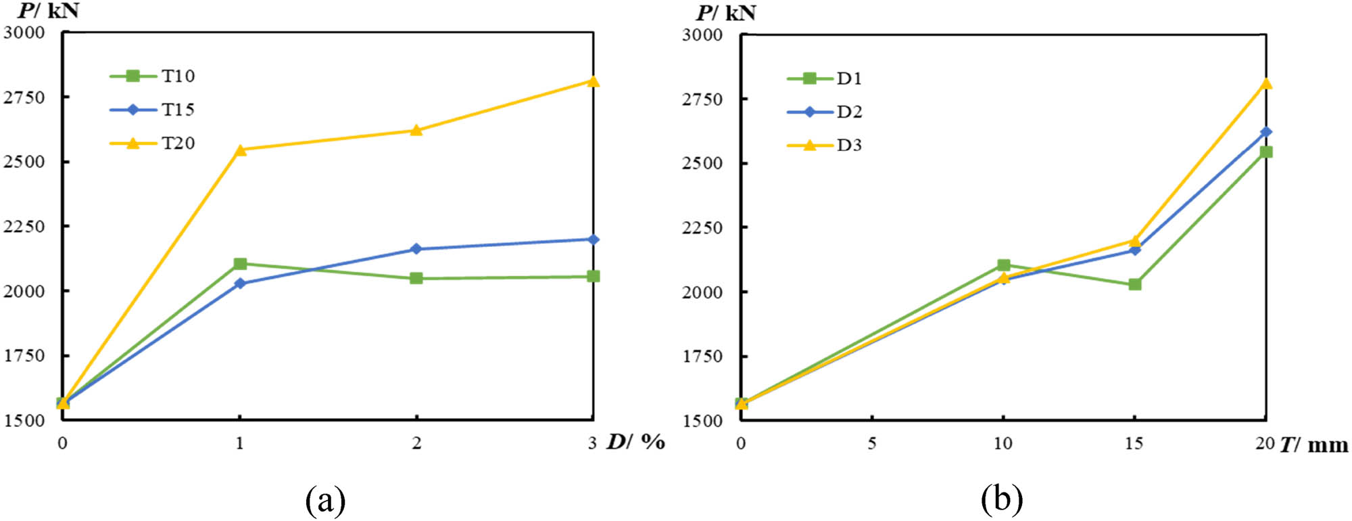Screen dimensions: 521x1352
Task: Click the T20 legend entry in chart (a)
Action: click(153, 143)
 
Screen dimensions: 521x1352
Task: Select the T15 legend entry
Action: click(153, 110)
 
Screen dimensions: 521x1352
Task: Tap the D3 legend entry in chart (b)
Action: click(825, 145)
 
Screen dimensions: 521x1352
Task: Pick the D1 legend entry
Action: click(825, 78)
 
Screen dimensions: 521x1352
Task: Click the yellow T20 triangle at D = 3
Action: click(593, 82)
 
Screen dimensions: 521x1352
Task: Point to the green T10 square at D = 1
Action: click(239, 264)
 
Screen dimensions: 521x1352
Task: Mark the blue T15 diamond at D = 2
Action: click(416, 249)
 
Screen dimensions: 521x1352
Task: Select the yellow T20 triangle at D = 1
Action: click(239, 150)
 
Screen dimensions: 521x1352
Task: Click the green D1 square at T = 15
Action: click(1134, 284)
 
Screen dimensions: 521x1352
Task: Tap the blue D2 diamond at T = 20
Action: click(1265, 132)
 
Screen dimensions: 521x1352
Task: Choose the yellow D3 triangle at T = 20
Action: click(1265, 84)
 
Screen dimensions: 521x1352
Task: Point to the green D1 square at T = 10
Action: click(1003, 265)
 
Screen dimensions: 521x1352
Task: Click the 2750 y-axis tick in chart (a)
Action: click(24, 97)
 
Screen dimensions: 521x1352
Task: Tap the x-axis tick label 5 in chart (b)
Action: click(872, 443)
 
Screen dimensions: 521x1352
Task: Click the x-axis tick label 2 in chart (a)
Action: click(416, 443)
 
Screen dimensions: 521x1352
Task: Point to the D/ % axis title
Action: click(635, 443)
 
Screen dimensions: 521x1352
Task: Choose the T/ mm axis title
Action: click(1313, 445)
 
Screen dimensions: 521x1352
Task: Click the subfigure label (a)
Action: click(326, 501)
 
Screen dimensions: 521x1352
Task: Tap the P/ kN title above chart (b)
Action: click(726, 13)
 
